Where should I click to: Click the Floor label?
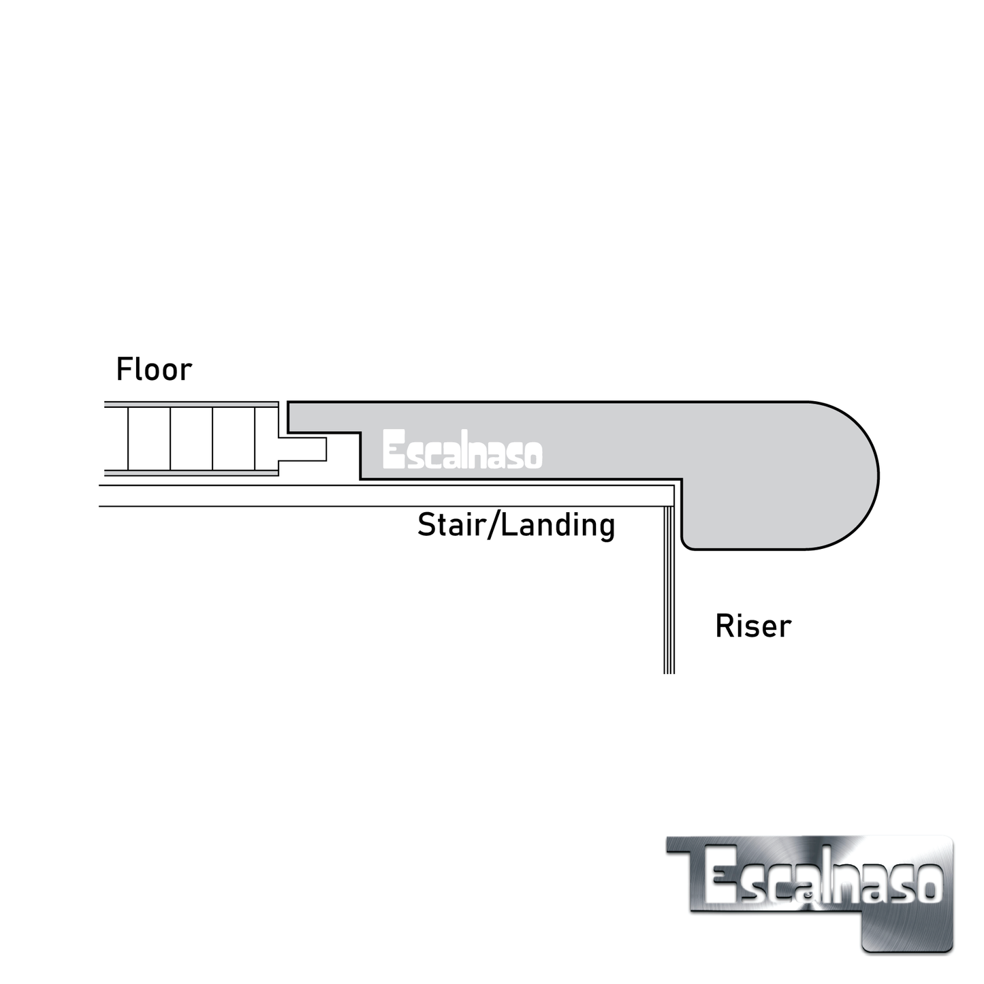[154, 369]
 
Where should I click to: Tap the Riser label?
[752, 626]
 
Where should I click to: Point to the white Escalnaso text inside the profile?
[462, 449]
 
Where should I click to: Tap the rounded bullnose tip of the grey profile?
[865, 475]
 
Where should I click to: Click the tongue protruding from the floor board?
[303, 449]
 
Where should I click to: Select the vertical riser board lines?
[669, 592]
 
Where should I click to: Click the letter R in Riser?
[724, 626]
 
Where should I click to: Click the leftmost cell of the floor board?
[149, 439]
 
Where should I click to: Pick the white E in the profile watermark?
[393, 449]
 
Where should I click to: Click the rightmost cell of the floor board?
[266, 439]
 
